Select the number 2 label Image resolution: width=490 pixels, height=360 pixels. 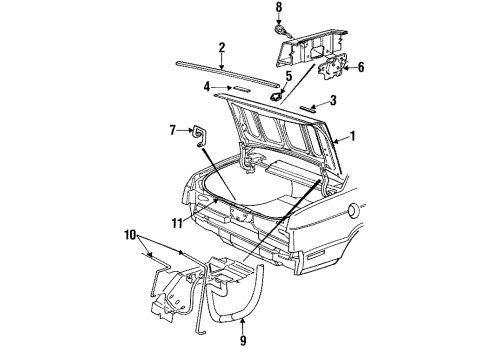point(222,46)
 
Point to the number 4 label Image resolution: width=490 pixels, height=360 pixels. point(208,88)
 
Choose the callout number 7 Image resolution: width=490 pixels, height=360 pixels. point(174,129)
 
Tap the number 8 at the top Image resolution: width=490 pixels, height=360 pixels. point(280,9)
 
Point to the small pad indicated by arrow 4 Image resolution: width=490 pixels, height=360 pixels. point(240,88)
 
